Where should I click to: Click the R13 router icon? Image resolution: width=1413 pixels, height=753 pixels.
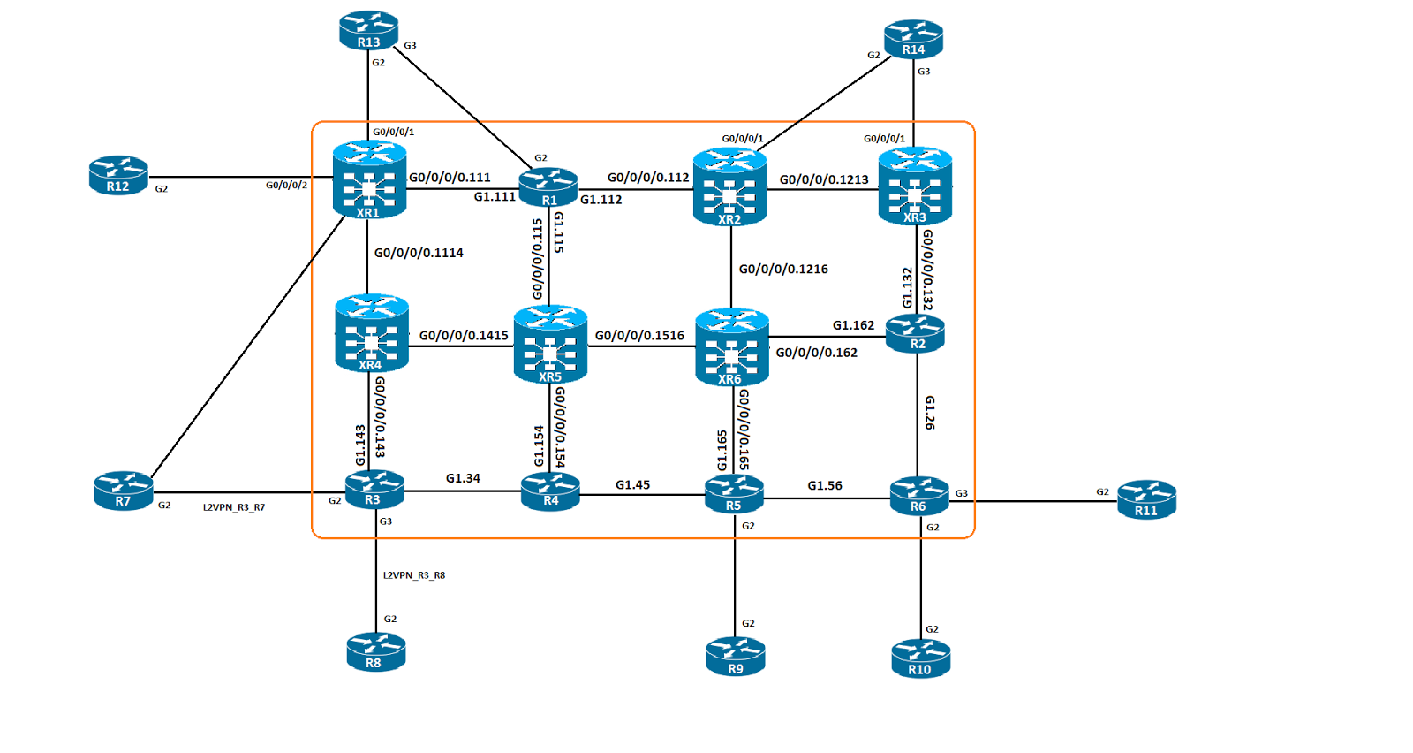tap(368, 30)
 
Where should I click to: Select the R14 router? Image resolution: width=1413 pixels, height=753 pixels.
tap(913, 39)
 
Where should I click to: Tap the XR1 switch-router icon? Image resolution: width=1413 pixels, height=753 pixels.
tap(370, 180)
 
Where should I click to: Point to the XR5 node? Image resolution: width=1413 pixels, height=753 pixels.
tap(551, 345)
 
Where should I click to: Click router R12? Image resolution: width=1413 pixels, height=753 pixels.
tap(118, 176)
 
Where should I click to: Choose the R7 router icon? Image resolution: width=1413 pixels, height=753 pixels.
tap(124, 491)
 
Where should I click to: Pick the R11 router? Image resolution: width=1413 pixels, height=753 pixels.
tap(1147, 500)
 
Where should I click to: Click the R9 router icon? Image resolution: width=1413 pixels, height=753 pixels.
tap(736, 657)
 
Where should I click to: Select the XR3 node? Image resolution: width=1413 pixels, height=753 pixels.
tap(915, 186)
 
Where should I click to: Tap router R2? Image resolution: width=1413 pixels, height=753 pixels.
tap(915, 334)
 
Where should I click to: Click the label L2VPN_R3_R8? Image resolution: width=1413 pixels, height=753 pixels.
tap(414, 575)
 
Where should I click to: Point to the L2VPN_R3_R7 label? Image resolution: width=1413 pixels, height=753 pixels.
tap(234, 507)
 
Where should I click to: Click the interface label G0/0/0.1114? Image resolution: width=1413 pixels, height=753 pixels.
tap(419, 253)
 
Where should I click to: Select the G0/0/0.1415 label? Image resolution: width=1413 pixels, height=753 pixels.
tap(464, 336)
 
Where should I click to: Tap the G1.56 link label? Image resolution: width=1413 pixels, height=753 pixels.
tap(825, 485)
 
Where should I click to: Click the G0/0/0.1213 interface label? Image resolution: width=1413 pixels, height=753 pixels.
tap(824, 180)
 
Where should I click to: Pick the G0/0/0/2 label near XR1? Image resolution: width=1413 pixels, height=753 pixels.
tap(286, 185)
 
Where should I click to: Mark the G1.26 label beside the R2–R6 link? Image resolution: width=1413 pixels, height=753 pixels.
tap(929, 413)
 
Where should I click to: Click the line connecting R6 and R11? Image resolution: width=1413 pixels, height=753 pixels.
tap(1033, 501)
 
